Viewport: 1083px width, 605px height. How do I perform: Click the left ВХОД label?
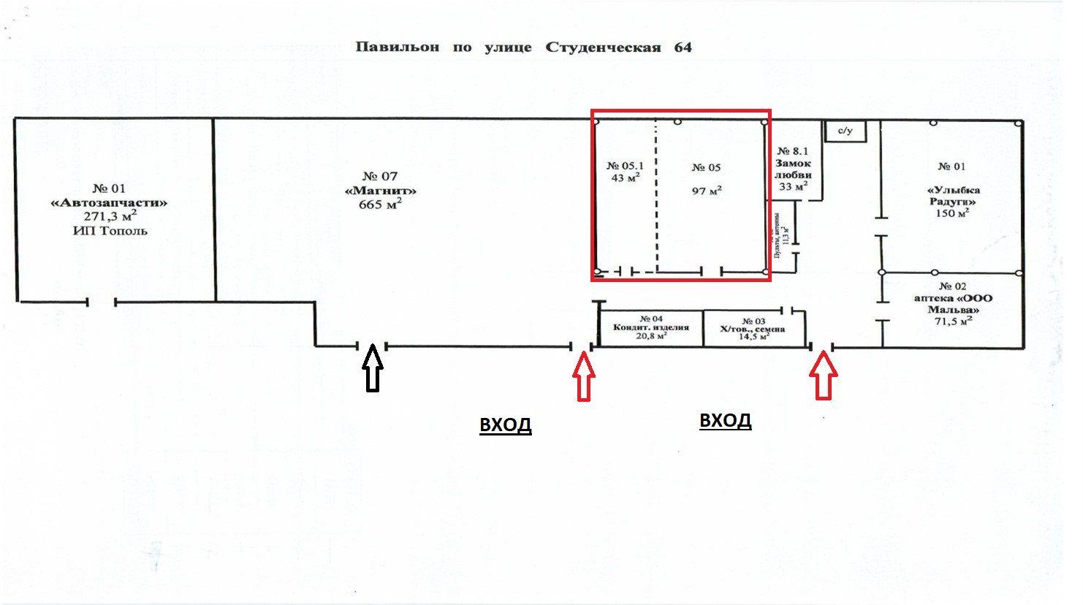tap(505, 425)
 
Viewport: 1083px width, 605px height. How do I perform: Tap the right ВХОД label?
tap(725, 421)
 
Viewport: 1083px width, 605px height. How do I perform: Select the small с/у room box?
tap(845, 132)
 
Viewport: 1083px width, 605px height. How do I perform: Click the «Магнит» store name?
tap(380, 191)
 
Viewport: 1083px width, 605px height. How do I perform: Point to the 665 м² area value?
tap(380, 205)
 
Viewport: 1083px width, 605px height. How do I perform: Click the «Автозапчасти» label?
tap(110, 202)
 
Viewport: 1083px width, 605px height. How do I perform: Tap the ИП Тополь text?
tap(110, 231)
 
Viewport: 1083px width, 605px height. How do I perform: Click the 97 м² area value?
tap(707, 191)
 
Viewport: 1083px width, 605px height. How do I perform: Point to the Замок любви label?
tap(793, 169)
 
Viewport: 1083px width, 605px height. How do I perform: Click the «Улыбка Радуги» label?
tap(953, 195)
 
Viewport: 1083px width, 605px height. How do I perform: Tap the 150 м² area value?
tap(953, 213)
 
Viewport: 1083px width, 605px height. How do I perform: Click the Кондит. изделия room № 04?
tap(651, 327)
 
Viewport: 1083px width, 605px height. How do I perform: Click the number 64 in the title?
tap(683, 47)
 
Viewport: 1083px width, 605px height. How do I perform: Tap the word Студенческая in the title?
tap(603, 47)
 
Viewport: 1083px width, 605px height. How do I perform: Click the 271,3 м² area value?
tap(110, 217)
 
